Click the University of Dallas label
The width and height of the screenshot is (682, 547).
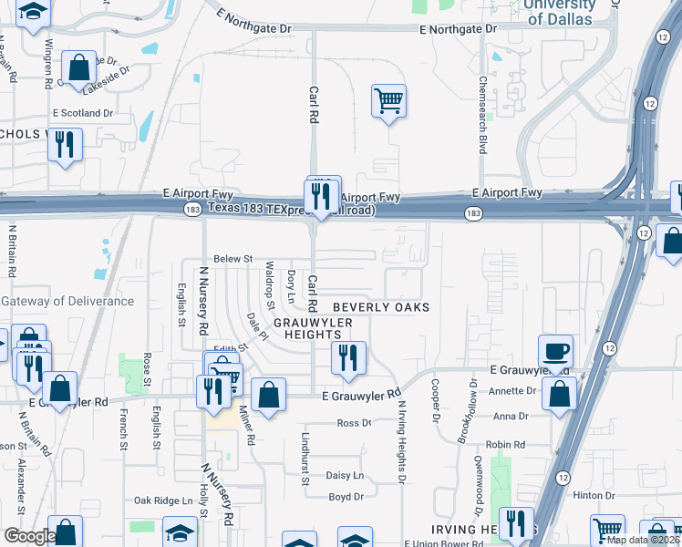560,11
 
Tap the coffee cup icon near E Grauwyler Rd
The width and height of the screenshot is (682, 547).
555,351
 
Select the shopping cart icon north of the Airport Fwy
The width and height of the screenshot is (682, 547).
388,100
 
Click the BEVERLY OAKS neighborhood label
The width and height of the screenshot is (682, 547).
380,308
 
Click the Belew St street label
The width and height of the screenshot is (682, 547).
232,260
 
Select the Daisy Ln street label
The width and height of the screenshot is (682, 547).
345,476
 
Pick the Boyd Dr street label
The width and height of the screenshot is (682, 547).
346,497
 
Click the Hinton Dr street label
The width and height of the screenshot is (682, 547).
594,495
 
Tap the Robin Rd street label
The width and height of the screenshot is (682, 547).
508,445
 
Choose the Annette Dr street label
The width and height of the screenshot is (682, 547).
511,391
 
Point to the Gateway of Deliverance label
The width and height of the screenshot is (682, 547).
56,302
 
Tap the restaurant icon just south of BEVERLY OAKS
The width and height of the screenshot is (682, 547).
347,358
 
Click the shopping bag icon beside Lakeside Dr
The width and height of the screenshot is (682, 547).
78,67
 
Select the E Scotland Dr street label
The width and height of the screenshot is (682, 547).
82,114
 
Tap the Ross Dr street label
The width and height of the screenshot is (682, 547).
354,423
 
